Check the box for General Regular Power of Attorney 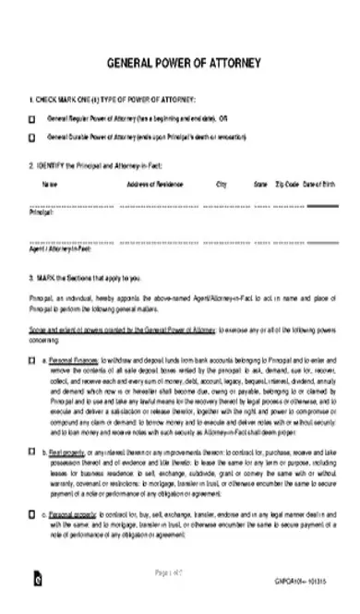33,119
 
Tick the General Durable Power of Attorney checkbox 33,138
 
